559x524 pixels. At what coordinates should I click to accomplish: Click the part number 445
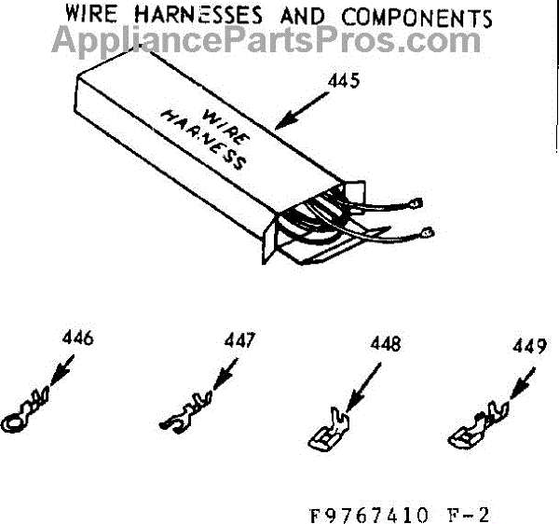pyautogui.click(x=343, y=81)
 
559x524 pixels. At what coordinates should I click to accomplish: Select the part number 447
pyautogui.click(x=239, y=341)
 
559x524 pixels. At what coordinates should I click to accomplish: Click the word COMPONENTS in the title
pyautogui.click(x=405, y=18)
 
